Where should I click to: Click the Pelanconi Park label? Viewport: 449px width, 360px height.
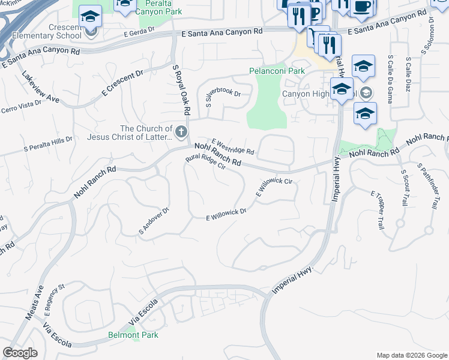pyautogui.click(x=277, y=71)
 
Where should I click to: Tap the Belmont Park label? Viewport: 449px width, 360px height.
pyautogui.click(x=133, y=335)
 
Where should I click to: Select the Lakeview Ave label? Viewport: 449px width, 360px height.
pyautogui.click(x=41, y=88)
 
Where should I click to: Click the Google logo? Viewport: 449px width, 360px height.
pyautogui.click(x=20, y=353)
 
